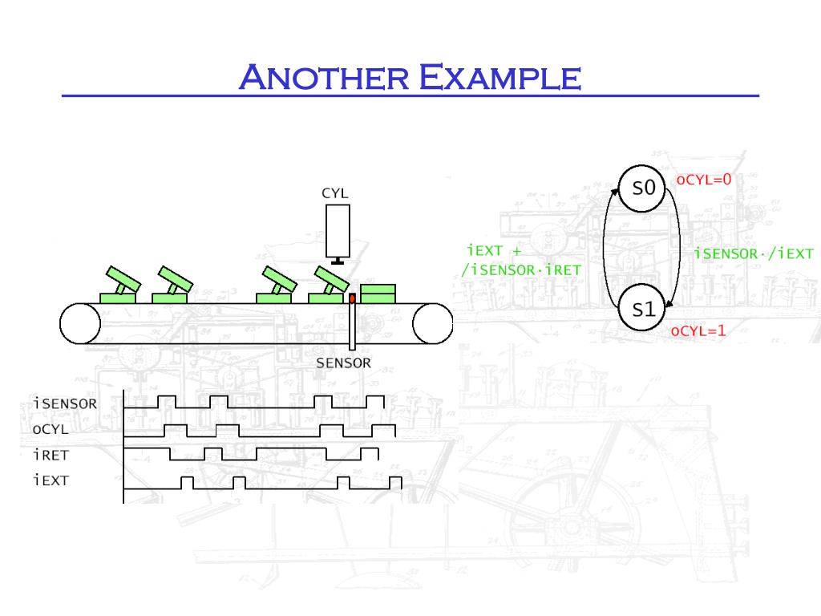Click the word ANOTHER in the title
pos(324,78)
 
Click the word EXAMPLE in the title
pos(500,78)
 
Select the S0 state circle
pos(644,188)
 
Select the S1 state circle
pos(644,309)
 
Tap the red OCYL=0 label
pos(704,180)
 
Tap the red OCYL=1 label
pos(698,330)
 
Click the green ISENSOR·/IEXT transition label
pos(753,254)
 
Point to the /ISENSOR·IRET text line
pos(520,269)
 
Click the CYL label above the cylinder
pos(335,193)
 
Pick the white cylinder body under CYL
pos(338,229)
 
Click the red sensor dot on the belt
pos(351,298)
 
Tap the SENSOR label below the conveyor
pos(343,363)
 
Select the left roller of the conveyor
pos(80,323)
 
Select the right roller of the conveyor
pos(433,323)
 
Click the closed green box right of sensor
pos(378,293)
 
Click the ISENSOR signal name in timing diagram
pos(65,403)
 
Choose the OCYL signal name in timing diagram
pos(51,429)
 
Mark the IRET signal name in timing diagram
pos(51,455)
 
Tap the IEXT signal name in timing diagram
pos(51,480)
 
